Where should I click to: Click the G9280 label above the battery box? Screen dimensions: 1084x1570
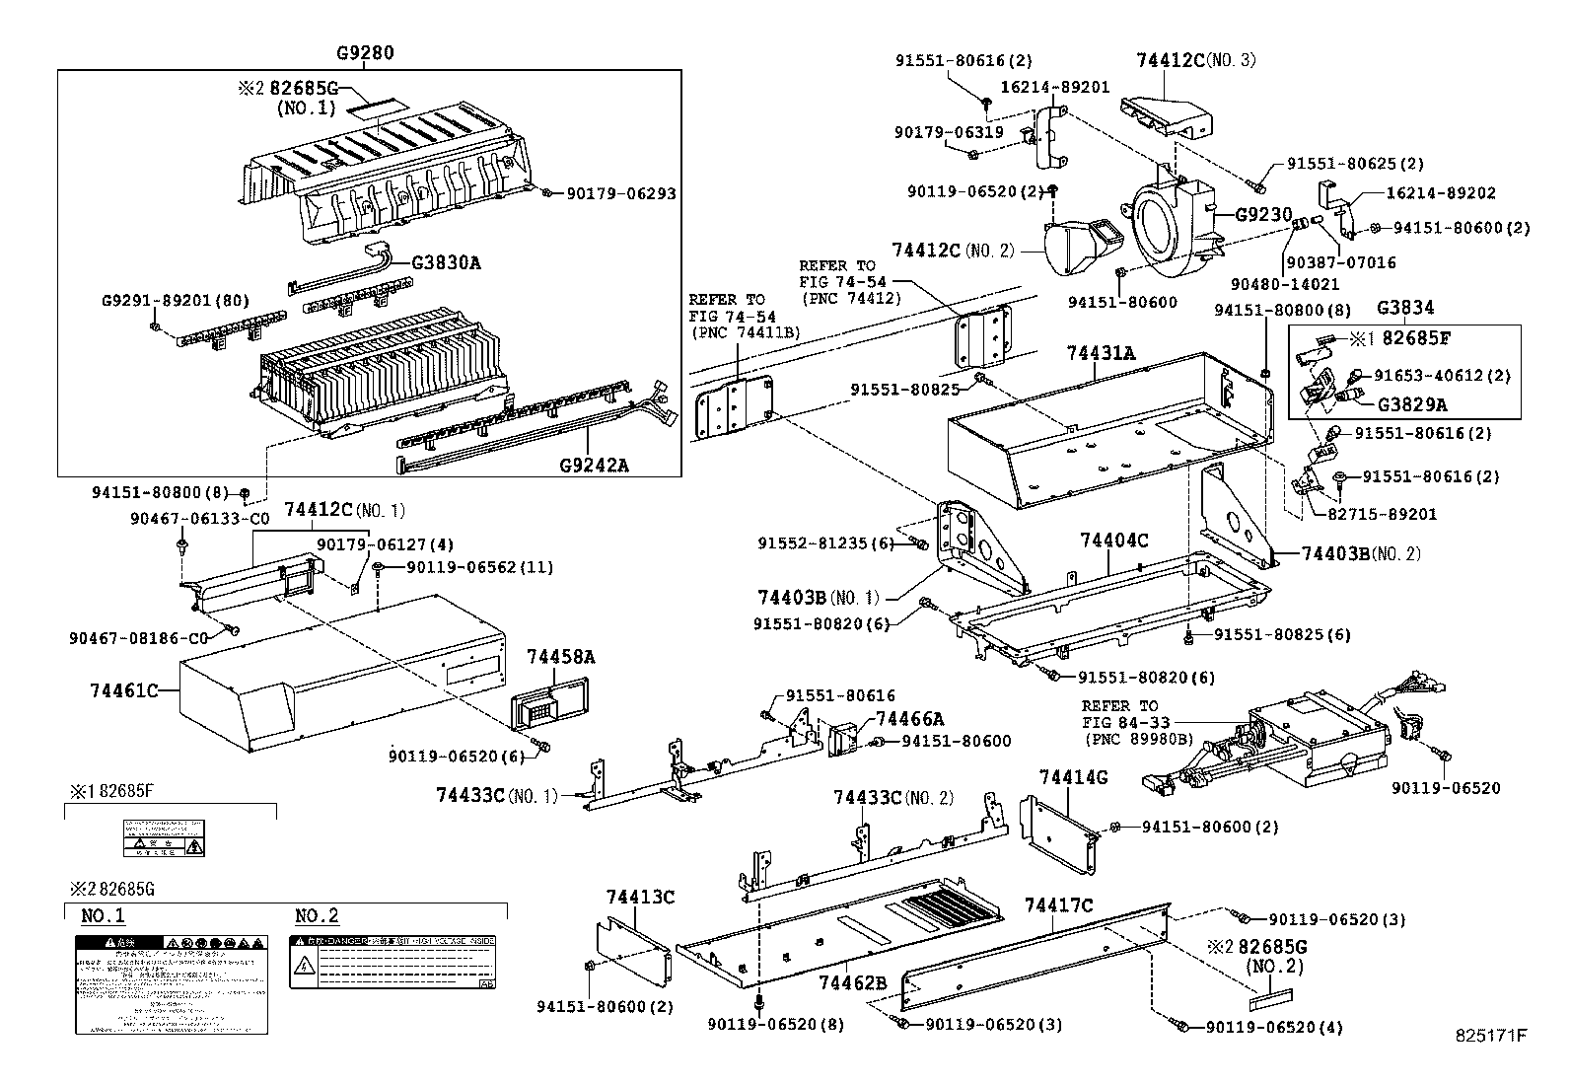pyautogui.click(x=365, y=53)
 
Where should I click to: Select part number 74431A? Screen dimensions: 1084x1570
pyautogui.click(x=1101, y=352)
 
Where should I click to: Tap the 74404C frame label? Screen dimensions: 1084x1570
pyautogui.click(x=1113, y=541)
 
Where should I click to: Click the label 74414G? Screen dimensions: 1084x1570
pyautogui.click(x=1073, y=777)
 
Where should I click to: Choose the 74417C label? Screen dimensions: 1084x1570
pyautogui.click(x=1058, y=904)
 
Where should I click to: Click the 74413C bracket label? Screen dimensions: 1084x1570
pyautogui.click(x=640, y=897)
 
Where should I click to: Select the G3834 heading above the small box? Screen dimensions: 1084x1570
pyautogui.click(x=1405, y=308)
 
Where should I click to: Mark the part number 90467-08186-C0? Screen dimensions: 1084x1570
pyautogui.click(x=137, y=639)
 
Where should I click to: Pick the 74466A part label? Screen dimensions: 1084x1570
pyautogui.click(x=908, y=719)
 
